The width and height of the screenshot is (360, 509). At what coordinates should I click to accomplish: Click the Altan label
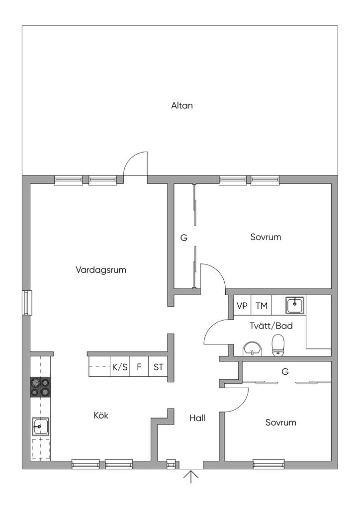point(181,105)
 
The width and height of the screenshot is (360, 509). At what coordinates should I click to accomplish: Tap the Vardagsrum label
point(101,270)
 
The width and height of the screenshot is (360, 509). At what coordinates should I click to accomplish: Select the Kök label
point(101,416)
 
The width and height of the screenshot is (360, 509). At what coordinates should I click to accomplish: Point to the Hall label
point(197,418)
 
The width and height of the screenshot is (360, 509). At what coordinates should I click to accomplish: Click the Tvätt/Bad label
point(270,326)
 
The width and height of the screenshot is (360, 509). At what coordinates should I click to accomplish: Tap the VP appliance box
point(242,306)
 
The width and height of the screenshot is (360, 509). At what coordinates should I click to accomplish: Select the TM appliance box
point(261,306)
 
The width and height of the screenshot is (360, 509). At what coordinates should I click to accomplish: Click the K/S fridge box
point(120,368)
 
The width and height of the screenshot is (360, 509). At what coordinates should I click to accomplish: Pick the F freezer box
point(139,368)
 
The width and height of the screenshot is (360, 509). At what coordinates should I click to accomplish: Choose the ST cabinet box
point(158,368)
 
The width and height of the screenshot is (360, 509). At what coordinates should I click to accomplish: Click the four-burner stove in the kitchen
point(40,387)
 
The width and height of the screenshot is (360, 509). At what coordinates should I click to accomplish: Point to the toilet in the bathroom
point(278,345)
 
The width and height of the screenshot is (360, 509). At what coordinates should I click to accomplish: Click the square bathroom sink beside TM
point(295,304)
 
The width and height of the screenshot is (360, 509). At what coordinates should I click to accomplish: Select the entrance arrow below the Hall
point(191,478)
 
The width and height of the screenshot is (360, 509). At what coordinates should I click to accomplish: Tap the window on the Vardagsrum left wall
point(27,302)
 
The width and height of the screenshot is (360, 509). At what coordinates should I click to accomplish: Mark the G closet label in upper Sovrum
point(183,238)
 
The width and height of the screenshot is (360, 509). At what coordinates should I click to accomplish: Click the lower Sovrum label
point(280,423)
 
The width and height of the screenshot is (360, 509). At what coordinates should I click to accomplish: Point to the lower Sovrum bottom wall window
point(269,464)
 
